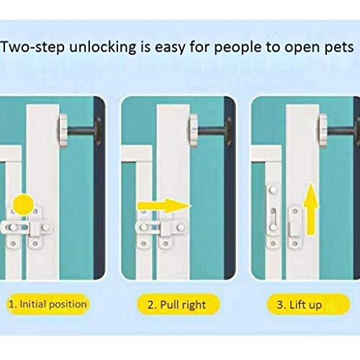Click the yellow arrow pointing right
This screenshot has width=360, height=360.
(x=164, y=206)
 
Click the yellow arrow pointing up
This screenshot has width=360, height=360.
(x=311, y=209)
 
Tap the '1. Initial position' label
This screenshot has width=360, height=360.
(x=48, y=304)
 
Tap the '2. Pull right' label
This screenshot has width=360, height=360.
(x=178, y=305)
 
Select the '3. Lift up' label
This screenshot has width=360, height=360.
(x=308, y=305)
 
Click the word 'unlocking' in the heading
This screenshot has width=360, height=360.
(x=103, y=47)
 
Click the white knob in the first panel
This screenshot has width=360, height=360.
(x=63, y=130)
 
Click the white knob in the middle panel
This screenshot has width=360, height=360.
(x=193, y=130)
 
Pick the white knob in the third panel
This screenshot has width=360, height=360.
(x=323, y=130)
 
